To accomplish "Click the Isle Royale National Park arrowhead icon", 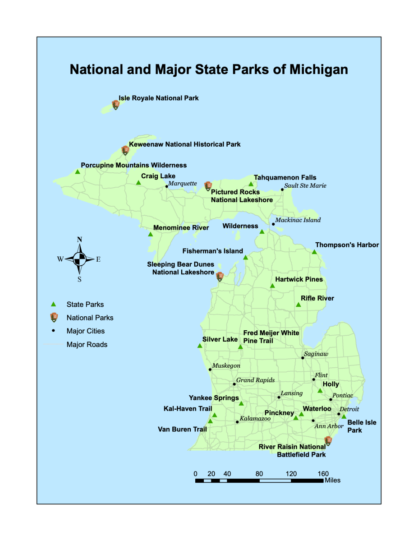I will (116, 105).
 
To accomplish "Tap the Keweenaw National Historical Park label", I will (185, 144).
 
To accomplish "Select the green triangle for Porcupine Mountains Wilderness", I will (78, 171).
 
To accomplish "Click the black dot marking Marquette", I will (166, 186).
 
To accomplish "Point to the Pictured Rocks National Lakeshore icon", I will (208, 186).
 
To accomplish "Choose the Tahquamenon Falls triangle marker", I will (251, 184).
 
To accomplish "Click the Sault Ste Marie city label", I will (305, 185).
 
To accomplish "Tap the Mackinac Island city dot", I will (273, 224).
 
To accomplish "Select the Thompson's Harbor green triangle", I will (314, 252).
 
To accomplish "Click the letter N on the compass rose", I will (79, 240).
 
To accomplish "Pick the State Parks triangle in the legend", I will (54, 305).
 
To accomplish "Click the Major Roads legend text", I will (87, 345).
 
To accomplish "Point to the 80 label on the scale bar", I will (259, 474).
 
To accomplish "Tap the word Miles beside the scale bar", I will (332, 481).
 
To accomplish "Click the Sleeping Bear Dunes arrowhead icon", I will (220, 277).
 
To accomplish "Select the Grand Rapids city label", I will (255, 380).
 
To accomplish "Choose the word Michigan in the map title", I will (318, 69).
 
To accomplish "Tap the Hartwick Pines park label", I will (299, 279).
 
